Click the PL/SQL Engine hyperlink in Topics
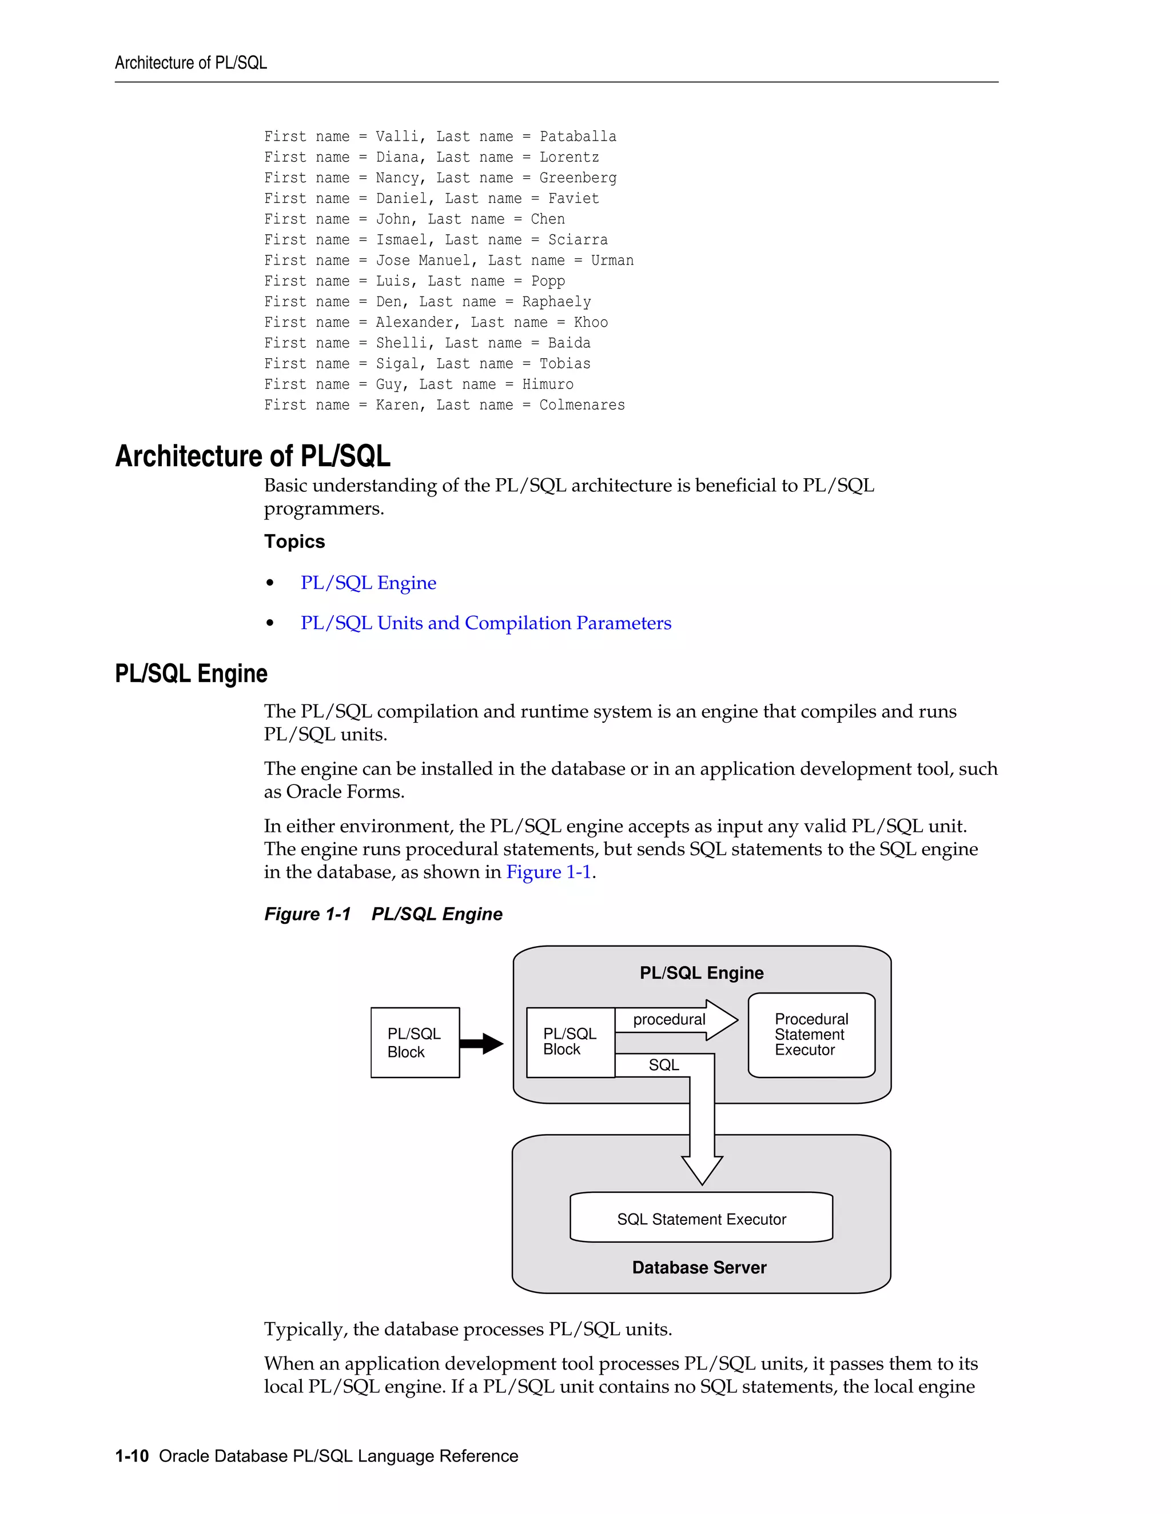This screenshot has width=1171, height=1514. click(368, 583)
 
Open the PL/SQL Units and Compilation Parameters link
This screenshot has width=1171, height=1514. click(485, 623)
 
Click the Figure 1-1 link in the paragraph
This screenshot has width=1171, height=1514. click(549, 872)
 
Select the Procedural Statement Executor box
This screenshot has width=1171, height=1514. click(811, 1035)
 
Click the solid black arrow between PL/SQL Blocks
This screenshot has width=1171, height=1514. click(482, 1043)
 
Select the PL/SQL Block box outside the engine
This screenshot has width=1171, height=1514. click(415, 1043)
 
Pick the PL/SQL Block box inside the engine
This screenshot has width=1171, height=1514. click(570, 1042)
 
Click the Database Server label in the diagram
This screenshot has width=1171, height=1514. click(699, 1268)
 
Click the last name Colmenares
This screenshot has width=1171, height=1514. click(582, 406)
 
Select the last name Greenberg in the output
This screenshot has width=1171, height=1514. click(578, 178)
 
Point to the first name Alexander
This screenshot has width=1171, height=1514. click(419, 323)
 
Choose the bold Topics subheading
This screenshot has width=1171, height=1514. click(294, 542)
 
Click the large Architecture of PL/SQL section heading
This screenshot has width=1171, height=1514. click(253, 456)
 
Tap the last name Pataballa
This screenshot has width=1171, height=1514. click(578, 137)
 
